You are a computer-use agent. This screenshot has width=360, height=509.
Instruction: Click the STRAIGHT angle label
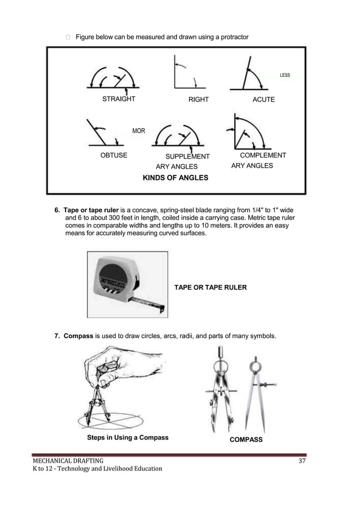coord(118,99)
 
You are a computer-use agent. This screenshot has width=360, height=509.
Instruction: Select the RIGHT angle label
coord(199,99)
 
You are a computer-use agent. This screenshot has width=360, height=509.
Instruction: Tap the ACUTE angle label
coord(264,99)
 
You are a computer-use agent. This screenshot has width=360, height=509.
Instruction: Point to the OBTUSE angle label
coord(113,155)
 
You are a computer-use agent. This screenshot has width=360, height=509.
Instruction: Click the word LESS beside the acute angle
coord(285,75)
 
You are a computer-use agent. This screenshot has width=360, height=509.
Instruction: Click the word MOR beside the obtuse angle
coord(138,131)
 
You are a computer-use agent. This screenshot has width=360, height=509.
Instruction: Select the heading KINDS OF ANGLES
coord(175,178)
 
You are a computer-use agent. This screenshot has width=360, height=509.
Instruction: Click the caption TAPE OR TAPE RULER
coord(210,288)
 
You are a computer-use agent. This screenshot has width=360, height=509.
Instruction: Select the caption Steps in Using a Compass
coord(128,437)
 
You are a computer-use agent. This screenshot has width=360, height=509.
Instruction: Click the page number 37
coord(302,463)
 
